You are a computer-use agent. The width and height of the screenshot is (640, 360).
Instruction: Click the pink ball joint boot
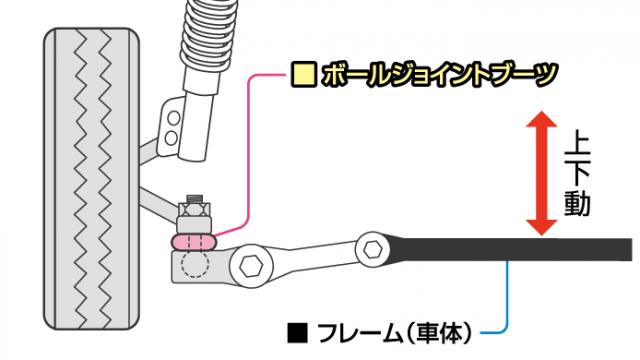pyautogui.click(x=194, y=240)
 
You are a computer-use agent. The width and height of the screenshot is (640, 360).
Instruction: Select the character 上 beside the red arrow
pyautogui.click(x=578, y=142)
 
